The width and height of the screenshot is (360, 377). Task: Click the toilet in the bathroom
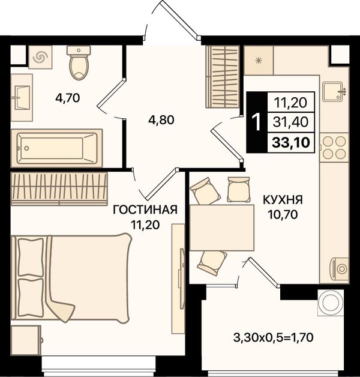(x=79, y=62)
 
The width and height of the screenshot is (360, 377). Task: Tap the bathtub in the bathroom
(x=57, y=148)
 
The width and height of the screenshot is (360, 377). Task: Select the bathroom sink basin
(x=22, y=98)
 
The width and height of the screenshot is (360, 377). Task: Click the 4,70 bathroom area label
(x=68, y=98)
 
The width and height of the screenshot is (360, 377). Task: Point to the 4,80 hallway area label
(x=161, y=120)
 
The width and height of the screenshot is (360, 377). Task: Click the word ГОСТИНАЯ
(x=145, y=210)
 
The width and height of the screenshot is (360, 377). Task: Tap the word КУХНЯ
(x=283, y=200)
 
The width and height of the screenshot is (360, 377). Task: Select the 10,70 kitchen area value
(x=283, y=214)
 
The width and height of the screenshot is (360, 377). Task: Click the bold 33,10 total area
(x=291, y=143)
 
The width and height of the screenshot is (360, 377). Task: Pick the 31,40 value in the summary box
(x=290, y=122)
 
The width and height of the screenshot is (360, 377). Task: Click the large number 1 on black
(x=257, y=122)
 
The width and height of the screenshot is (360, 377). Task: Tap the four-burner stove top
(x=334, y=148)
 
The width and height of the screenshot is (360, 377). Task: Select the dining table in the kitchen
(x=222, y=228)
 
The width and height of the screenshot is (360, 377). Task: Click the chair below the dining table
(x=212, y=262)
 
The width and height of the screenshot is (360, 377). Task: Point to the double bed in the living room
(x=71, y=278)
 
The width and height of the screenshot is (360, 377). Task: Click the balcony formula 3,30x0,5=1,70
(x=273, y=337)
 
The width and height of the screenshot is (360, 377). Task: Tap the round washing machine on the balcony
(x=331, y=303)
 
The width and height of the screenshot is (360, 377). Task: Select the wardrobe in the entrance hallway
(x=223, y=76)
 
